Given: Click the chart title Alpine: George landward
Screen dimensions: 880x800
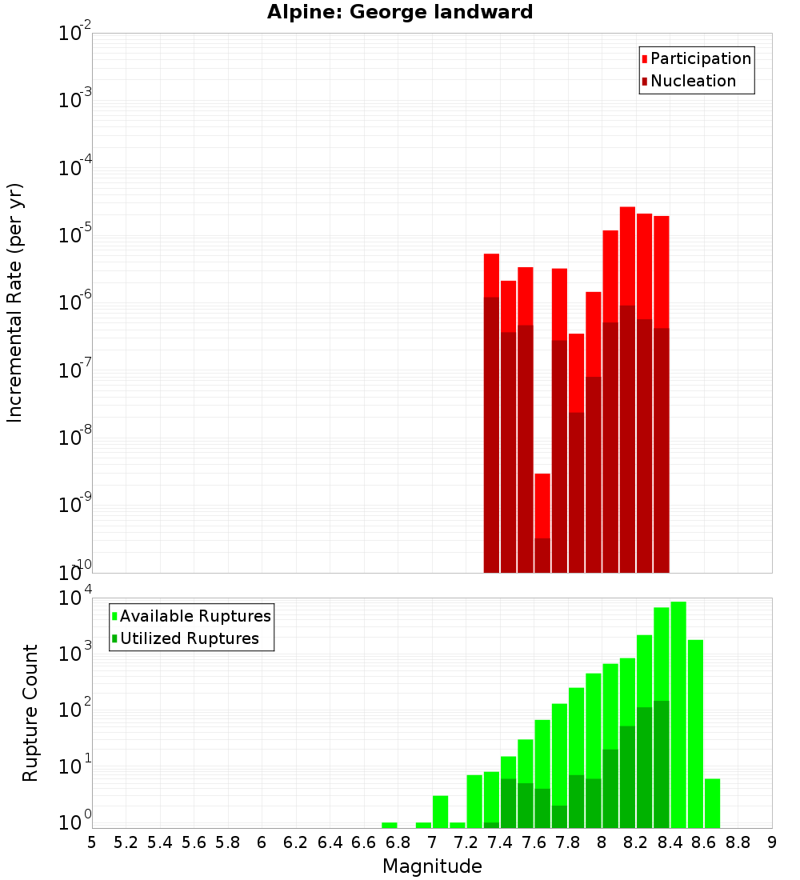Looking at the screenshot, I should (400, 12).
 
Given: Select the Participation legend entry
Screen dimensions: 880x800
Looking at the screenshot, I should (701, 58).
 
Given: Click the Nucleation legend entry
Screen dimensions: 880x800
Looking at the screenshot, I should (693, 81).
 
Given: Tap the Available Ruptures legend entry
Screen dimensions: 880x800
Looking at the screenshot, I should (195, 616).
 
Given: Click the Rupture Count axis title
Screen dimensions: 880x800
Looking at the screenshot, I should (30, 713).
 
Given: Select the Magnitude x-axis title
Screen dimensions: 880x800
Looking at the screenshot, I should (432, 866).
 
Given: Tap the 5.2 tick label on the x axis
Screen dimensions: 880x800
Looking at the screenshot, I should (126, 842).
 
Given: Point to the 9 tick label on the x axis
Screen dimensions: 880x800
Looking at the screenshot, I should (771, 842).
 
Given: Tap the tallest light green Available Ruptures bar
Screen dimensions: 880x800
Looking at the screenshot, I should (678, 712).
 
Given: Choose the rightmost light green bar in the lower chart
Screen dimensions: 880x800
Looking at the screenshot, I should (712, 803).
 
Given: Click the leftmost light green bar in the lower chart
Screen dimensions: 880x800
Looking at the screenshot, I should (390, 825).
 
